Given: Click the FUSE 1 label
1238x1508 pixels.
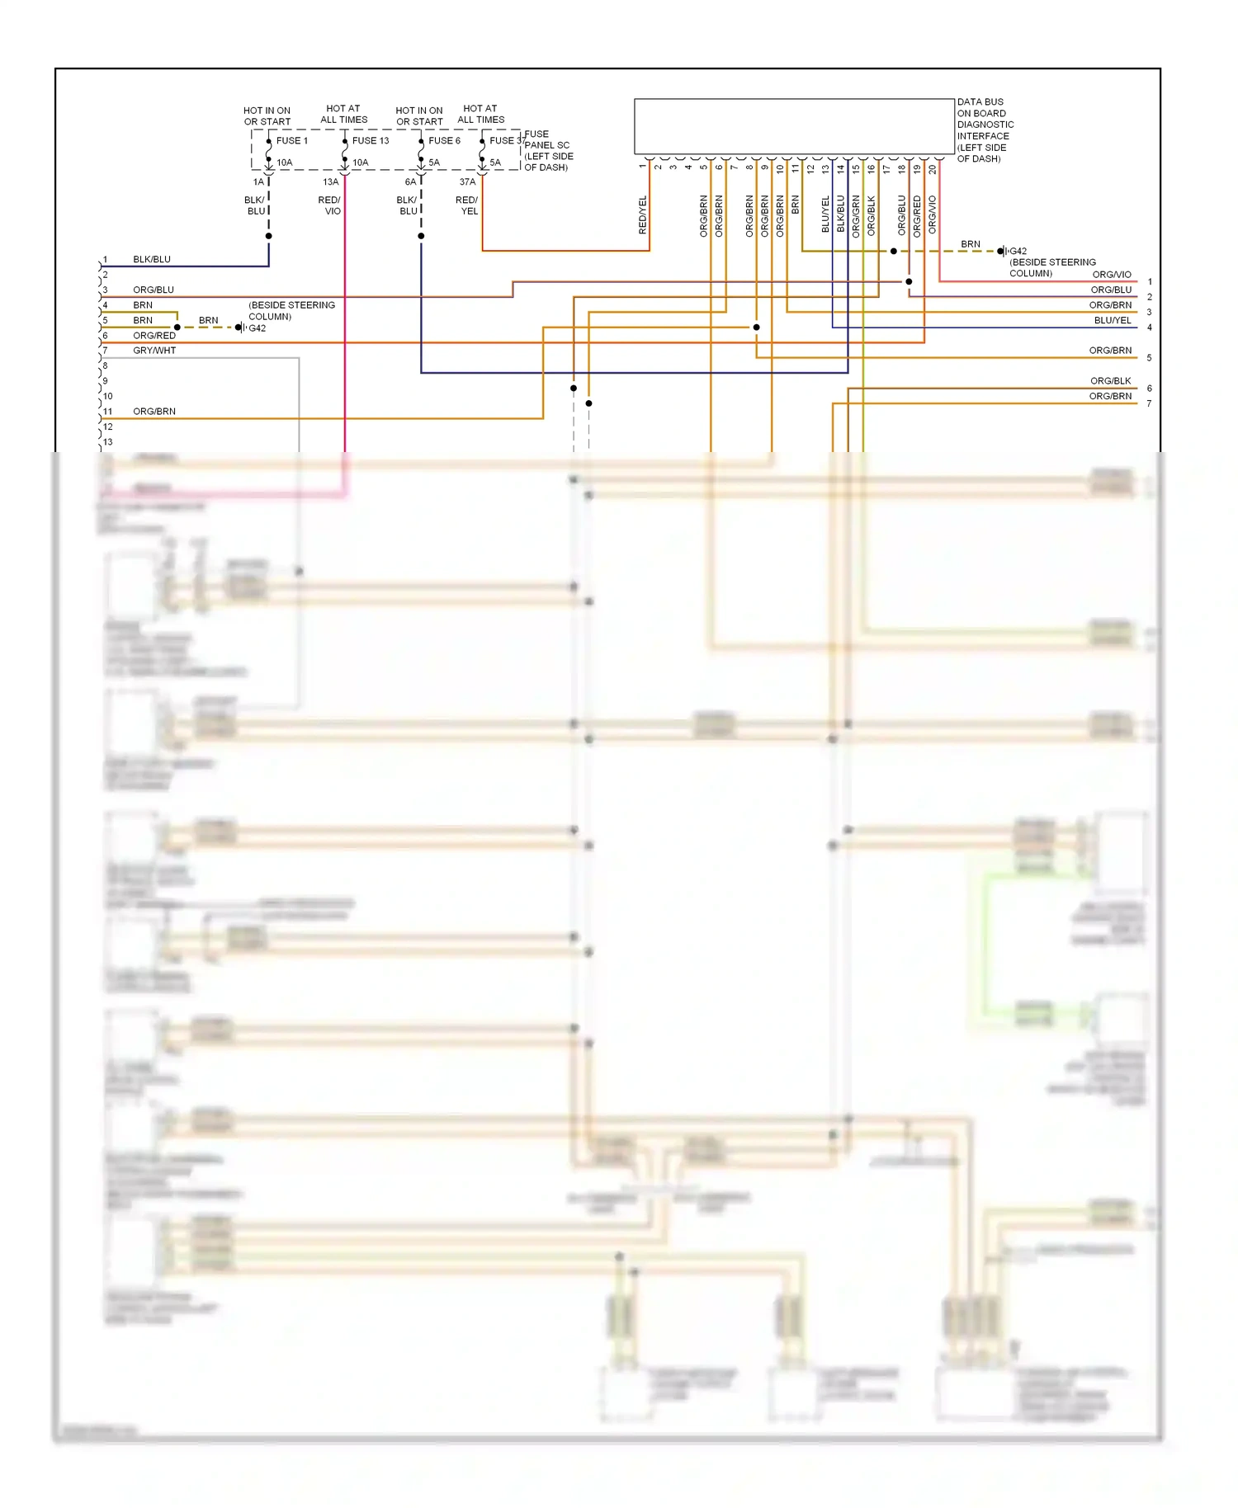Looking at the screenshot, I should tap(292, 141).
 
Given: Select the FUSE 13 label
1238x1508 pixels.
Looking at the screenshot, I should tap(371, 141).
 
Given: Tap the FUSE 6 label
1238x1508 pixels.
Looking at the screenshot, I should tap(444, 141).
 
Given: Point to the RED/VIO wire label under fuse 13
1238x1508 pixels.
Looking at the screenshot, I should tap(329, 205).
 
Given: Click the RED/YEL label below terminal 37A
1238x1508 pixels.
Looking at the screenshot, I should tap(467, 205).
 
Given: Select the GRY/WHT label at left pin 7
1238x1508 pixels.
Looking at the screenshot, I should tap(154, 351).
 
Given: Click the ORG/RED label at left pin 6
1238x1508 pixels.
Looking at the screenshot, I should tap(154, 336).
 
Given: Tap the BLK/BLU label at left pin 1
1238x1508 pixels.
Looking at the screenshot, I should tap(152, 260).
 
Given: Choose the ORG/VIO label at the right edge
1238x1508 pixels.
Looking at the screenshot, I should tap(1112, 275).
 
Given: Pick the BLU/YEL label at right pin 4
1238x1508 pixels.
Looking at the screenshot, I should tap(1113, 321).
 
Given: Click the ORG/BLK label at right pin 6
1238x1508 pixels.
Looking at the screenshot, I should tap(1110, 381).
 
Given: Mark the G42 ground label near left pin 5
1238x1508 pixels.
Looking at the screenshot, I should tap(258, 328).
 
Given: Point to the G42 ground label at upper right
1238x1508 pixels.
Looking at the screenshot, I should tap(1018, 252).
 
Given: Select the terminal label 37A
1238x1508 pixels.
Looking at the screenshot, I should tap(467, 182).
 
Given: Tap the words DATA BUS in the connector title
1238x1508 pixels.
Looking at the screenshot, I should tap(980, 102).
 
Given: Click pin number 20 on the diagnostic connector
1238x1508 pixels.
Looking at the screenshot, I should tap(933, 169).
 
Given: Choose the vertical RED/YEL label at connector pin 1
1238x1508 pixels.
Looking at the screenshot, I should tap(643, 215).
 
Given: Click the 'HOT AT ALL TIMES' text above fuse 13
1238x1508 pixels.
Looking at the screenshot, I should tap(343, 114).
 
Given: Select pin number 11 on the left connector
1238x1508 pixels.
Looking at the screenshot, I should tap(108, 412).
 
